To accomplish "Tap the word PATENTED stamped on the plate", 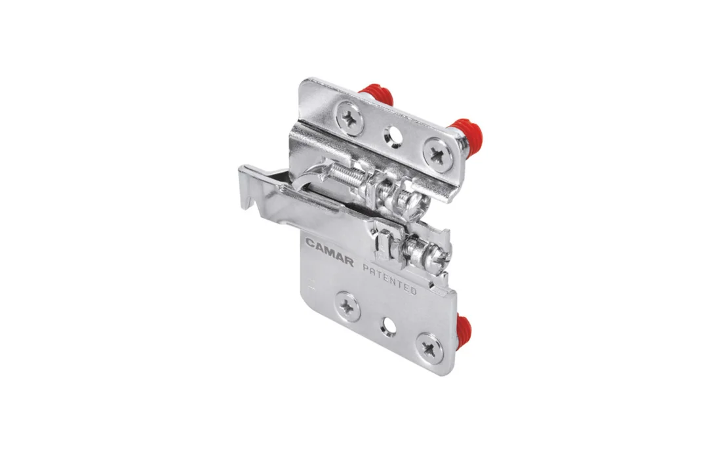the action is pyautogui.click(x=389, y=279).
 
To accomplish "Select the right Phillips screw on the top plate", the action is pyautogui.click(x=438, y=155).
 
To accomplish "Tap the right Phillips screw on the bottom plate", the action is pyautogui.click(x=429, y=348).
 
